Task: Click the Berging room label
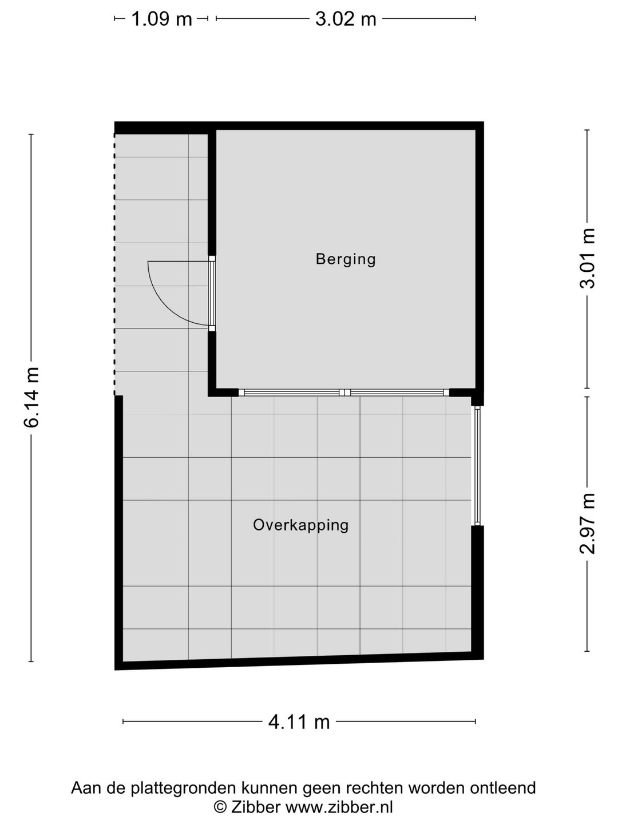point(346,259)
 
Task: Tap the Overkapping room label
point(300,525)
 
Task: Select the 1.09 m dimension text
point(161,19)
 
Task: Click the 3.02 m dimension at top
point(346,19)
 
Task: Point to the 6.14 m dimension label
point(31,397)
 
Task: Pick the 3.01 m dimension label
point(588,259)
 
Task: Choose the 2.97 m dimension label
point(588,523)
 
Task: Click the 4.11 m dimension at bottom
point(299,722)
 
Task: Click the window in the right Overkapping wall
point(477,465)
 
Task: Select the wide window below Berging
point(344,393)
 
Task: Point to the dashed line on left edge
point(115,263)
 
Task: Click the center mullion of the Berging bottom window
point(344,393)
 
